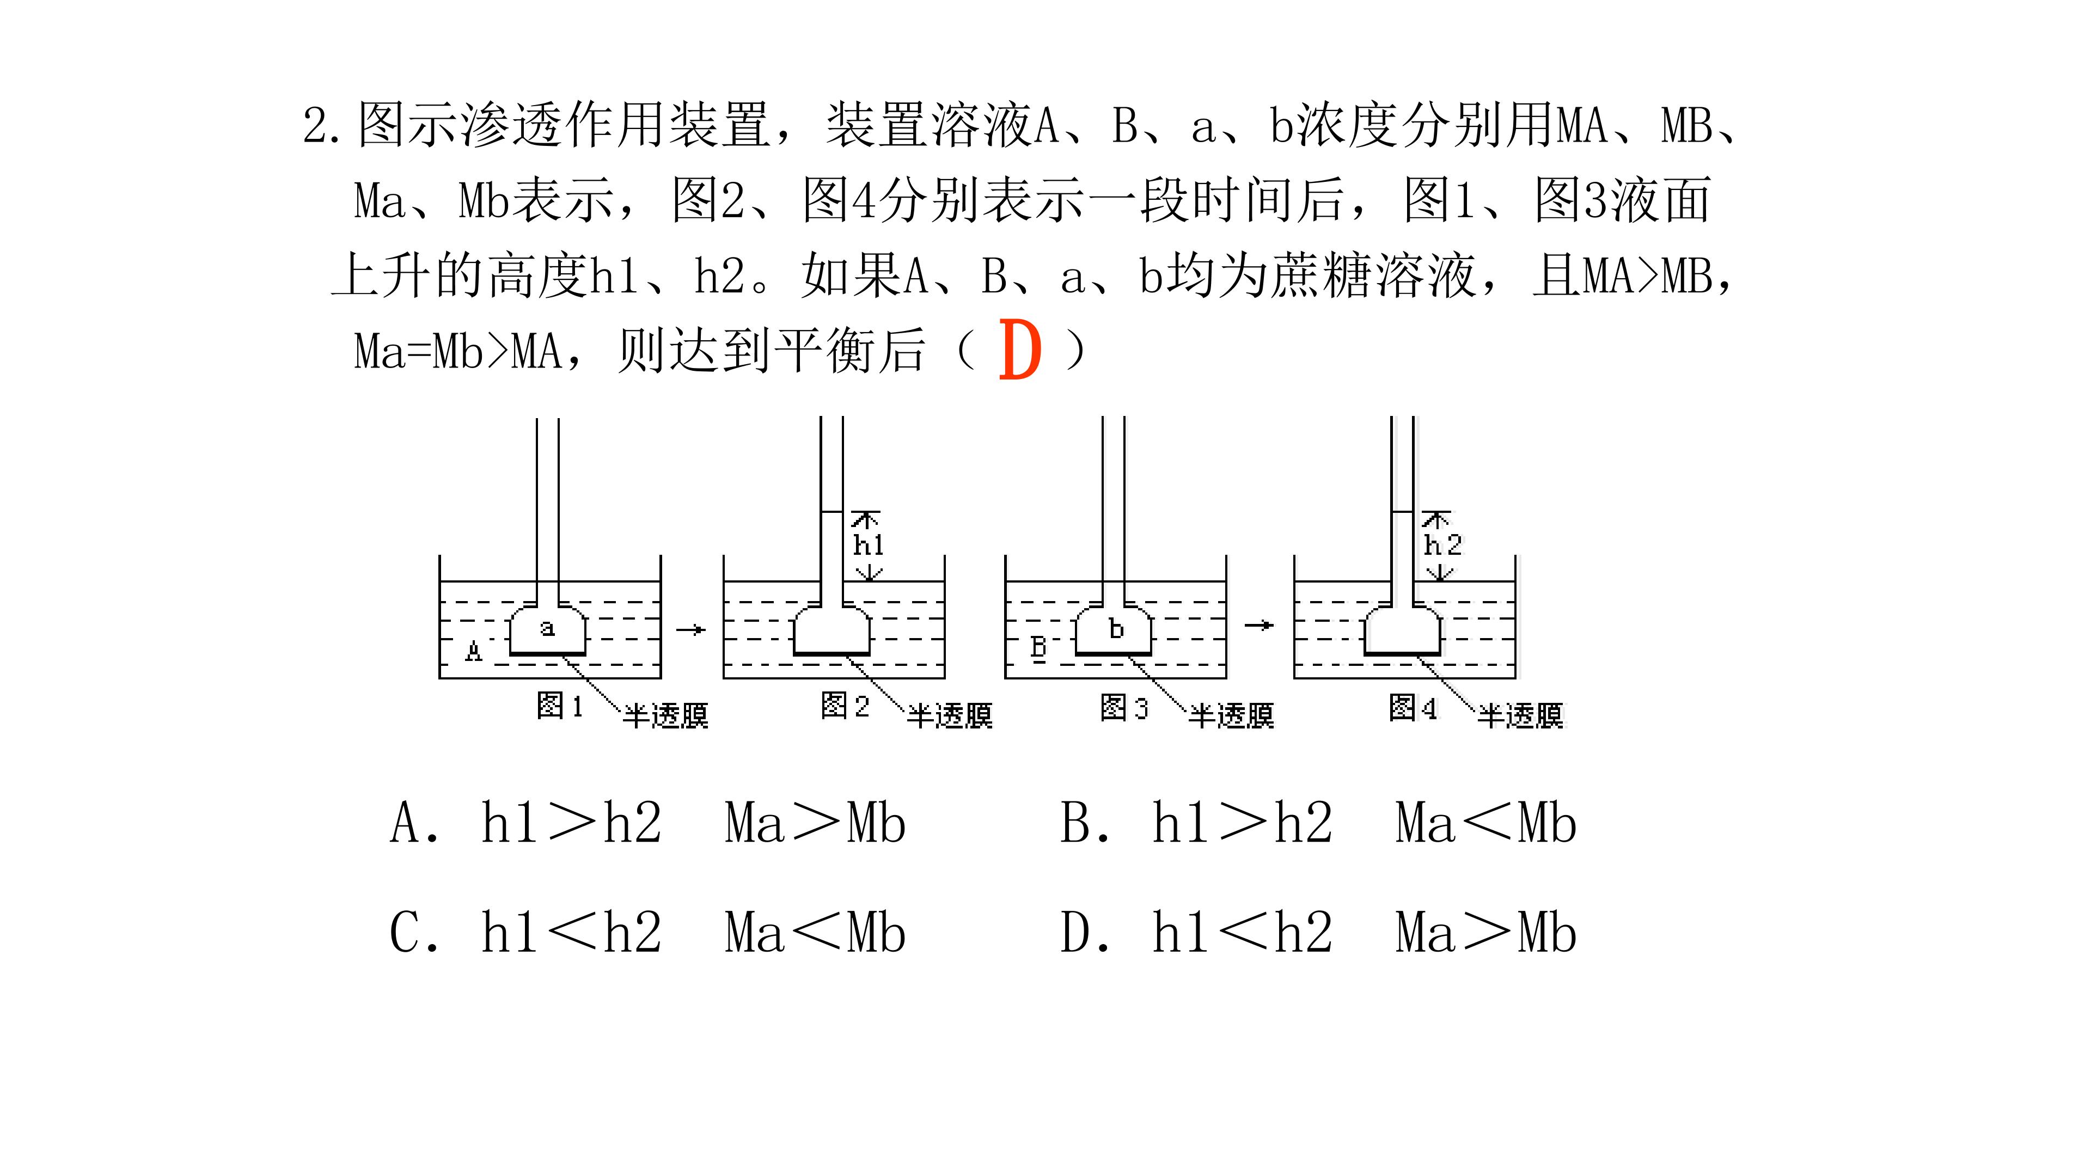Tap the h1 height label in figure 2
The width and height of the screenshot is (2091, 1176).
pos(868,544)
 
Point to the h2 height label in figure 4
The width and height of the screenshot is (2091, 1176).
pos(1442,544)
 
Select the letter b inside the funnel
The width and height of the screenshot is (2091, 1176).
pos(1117,628)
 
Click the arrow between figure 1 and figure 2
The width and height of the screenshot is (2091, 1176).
pos(691,629)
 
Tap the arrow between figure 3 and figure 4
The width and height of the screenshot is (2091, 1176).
pos(1259,625)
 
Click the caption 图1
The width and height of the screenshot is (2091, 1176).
pos(560,705)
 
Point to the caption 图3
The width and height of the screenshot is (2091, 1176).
pos(1124,707)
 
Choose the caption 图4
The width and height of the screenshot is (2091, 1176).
pos(1413,707)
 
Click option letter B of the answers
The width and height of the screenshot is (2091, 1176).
pos(1075,822)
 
